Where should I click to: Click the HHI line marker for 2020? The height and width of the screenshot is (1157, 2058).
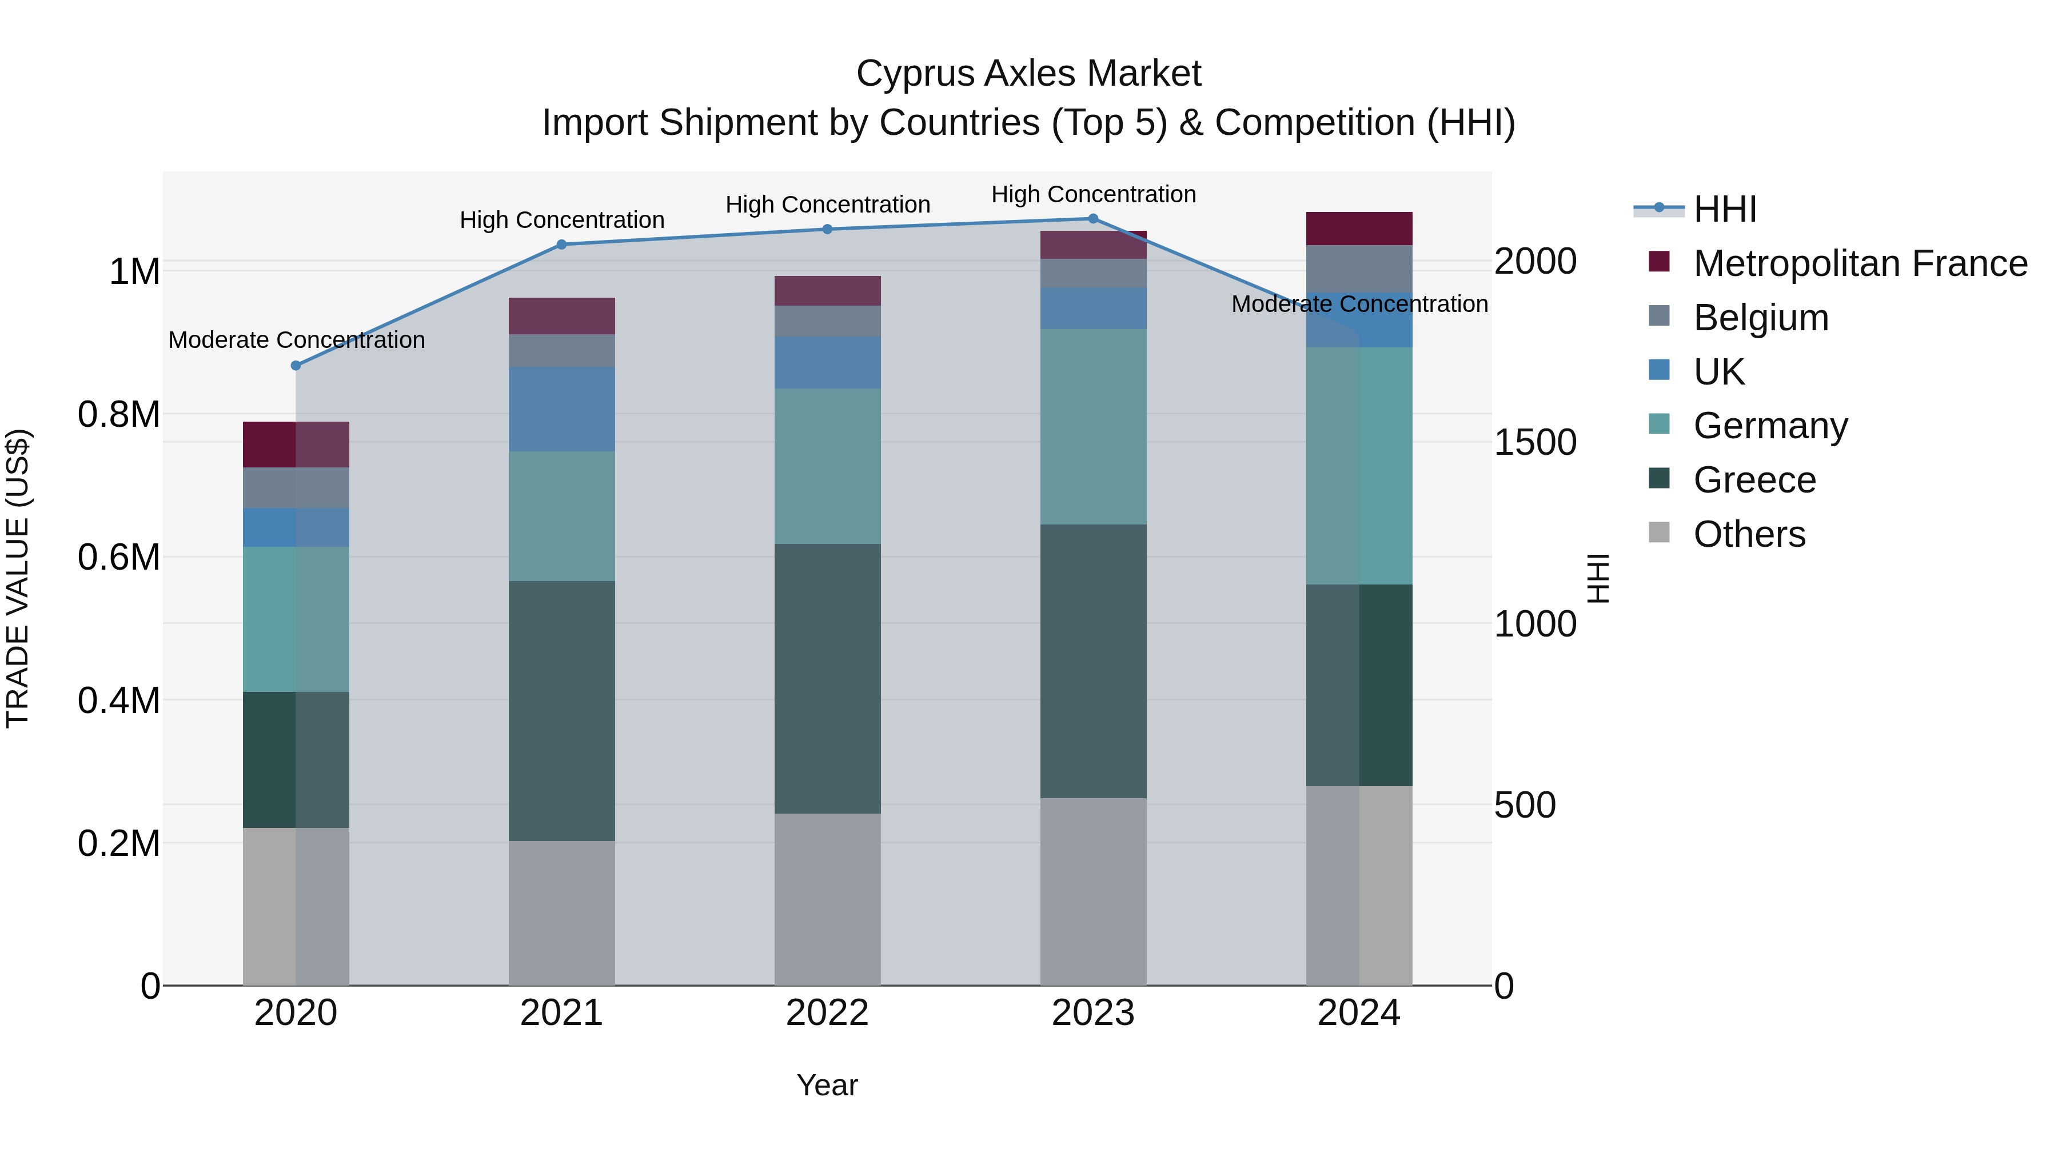296,366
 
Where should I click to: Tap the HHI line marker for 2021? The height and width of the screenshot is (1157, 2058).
561,245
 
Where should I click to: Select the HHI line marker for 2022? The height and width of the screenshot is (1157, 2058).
828,229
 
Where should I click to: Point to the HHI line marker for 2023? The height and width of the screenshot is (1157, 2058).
1093,219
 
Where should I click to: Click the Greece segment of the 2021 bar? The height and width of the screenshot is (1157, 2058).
561,711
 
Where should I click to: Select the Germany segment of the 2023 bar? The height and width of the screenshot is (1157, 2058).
1093,426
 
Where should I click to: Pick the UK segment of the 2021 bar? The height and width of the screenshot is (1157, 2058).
561,409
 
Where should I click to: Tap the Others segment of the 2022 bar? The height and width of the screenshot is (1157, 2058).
828,899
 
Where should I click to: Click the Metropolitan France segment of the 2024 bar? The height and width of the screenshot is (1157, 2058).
1359,229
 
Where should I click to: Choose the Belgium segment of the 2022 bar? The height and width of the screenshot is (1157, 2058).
828,321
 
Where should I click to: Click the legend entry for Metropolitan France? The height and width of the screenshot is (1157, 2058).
1860,263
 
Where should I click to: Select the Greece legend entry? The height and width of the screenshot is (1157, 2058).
1754,480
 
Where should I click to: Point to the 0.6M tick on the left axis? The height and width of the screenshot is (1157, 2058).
119,557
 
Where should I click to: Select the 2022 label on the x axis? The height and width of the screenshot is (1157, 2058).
828,1013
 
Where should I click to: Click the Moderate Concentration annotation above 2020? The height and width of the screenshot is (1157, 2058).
296,340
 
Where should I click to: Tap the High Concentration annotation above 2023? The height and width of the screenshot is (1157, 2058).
1093,194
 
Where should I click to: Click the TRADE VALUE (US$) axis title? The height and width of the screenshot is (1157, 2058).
18,578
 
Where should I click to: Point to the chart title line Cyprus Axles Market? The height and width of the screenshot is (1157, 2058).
1028,74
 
